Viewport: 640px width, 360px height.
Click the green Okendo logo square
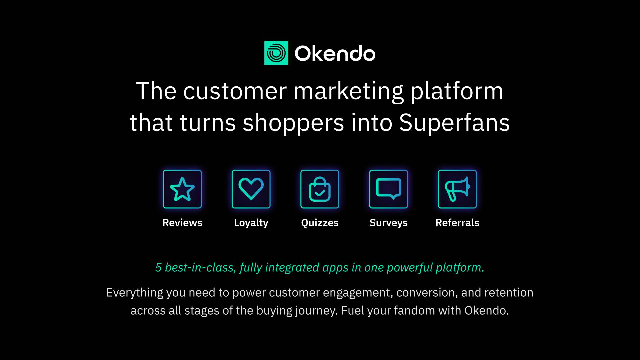[x=276, y=53]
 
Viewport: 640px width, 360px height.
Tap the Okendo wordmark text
[x=335, y=53]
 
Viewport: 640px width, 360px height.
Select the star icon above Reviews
[x=182, y=189]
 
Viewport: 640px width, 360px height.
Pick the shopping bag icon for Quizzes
[x=320, y=189]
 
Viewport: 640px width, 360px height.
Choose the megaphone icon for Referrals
[x=457, y=189]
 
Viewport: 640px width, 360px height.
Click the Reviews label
[x=182, y=223]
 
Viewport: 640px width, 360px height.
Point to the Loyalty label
[x=251, y=223]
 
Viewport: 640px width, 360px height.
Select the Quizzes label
[x=320, y=223]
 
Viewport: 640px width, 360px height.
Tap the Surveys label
[x=389, y=223]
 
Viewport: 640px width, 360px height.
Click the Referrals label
[x=457, y=223]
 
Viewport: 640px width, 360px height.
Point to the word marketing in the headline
[x=348, y=92]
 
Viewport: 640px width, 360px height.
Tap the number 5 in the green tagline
[x=158, y=267]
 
